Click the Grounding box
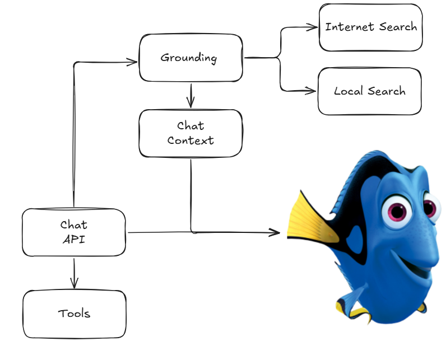point(191,58)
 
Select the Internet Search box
point(370,27)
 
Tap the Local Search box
point(369,91)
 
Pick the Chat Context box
point(191,133)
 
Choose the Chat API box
point(73,232)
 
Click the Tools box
point(74,314)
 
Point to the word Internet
point(350,27)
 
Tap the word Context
point(191,141)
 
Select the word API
point(73,239)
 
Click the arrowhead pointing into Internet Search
point(312,27)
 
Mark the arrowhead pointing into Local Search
point(310,91)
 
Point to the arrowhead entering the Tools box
point(74,283)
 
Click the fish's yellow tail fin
point(310,219)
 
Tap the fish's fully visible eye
point(397,211)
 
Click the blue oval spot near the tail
point(355,240)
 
